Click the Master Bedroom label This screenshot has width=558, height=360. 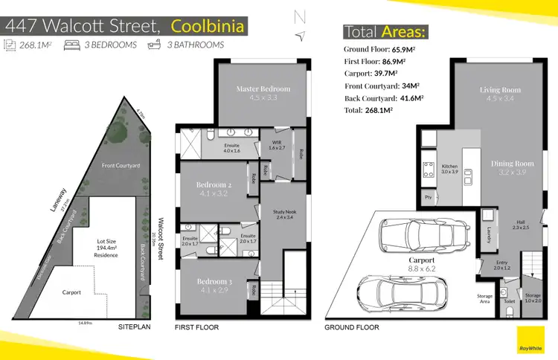[x=263, y=89]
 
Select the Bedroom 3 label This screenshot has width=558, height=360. [x=215, y=282]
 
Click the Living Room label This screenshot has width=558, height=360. [x=500, y=90]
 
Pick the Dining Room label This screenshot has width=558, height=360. [x=513, y=164]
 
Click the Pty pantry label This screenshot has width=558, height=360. [x=428, y=198]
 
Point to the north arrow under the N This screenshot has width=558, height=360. [x=301, y=36]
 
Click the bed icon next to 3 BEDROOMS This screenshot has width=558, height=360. [x=72, y=45]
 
